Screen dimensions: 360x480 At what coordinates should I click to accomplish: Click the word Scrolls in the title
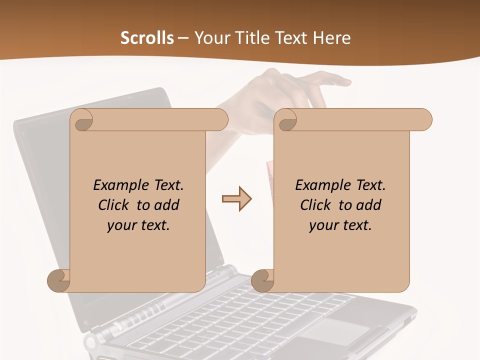pyautogui.click(x=147, y=38)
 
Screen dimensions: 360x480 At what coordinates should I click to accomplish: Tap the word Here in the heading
pyautogui.click(x=331, y=38)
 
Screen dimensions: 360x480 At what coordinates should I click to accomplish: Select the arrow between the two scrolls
pyautogui.click(x=236, y=199)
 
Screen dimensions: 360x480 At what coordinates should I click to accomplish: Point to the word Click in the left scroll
pyautogui.click(x=114, y=205)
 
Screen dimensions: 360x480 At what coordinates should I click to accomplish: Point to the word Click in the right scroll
pyautogui.click(x=316, y=205)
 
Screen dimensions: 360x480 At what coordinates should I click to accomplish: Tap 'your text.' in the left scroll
pyautogui.click(x=138, y=225)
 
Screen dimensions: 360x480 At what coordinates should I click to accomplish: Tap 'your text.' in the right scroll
pyautogui.click(x=340, y=225)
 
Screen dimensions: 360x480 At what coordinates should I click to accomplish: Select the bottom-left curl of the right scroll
pyautogui.click(x=262, y=280)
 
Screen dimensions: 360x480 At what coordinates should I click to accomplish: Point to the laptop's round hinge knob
pyautogui.click(x=91, y=343)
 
